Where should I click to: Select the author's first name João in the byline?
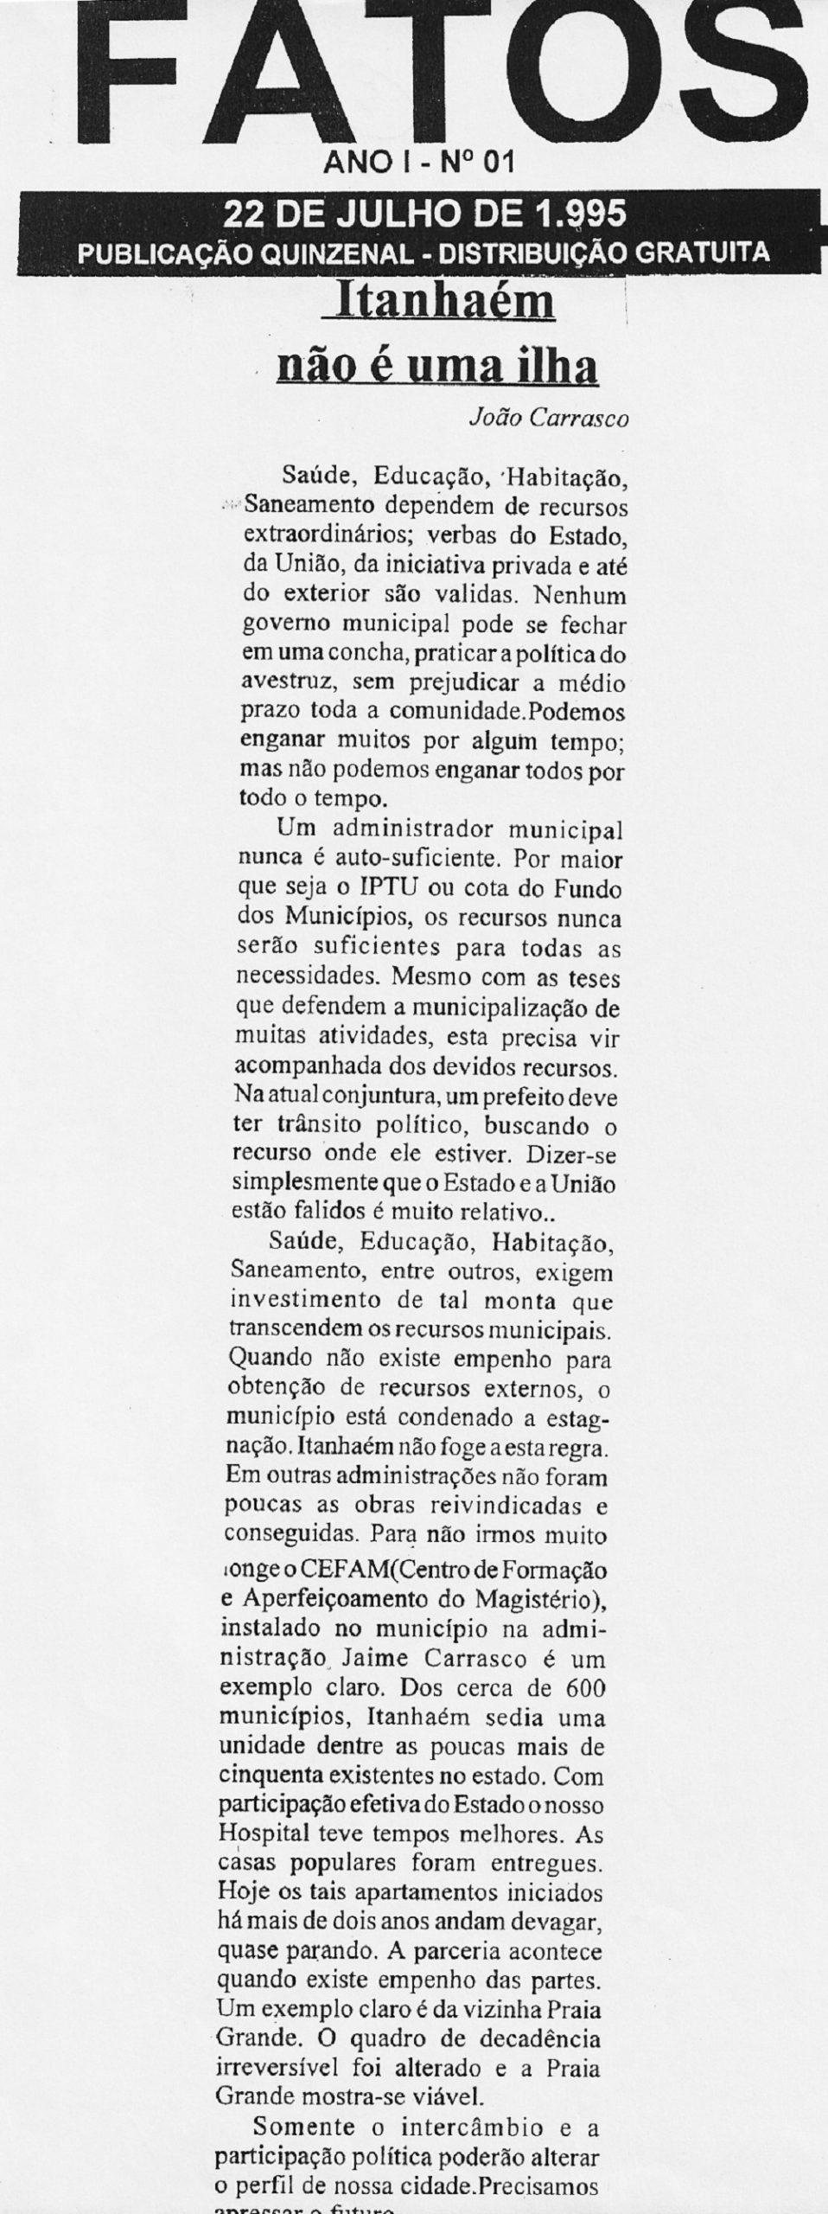493,419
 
